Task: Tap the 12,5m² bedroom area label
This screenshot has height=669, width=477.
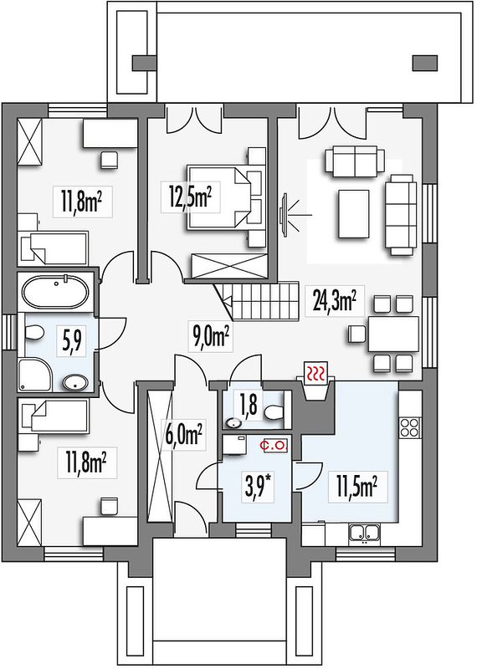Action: pyautogui.click(x=190, y=197)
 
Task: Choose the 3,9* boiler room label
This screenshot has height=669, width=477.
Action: pyautogui.click(x=259, y=486)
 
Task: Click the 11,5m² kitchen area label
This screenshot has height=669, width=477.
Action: pyautogui.click(x=357, y=487)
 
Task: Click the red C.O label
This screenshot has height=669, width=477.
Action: pyautogui.click(x=277, y=446)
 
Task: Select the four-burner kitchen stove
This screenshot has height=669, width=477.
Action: pyautogui.click(x=410, y=428)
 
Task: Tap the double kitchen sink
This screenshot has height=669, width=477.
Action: pyautogui.click(x=364, y=533)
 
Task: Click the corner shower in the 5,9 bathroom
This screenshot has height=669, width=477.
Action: pyautogui.click(x=36, y=374)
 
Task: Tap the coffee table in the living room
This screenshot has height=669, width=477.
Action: pyautogui.click(x=354, y=214)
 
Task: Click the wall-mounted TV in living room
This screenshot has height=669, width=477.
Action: pyautogui.click(x=284, y=214)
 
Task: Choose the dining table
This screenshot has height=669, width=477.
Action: pyautogui.click(x=392, y=333)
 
